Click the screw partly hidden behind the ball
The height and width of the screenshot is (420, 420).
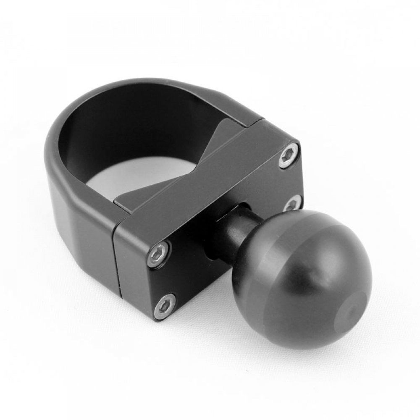(293, 203)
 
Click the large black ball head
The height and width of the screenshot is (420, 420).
(307, 277)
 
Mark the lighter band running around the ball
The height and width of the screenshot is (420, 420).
(269, 269)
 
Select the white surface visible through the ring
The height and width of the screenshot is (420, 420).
(139, 181)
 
